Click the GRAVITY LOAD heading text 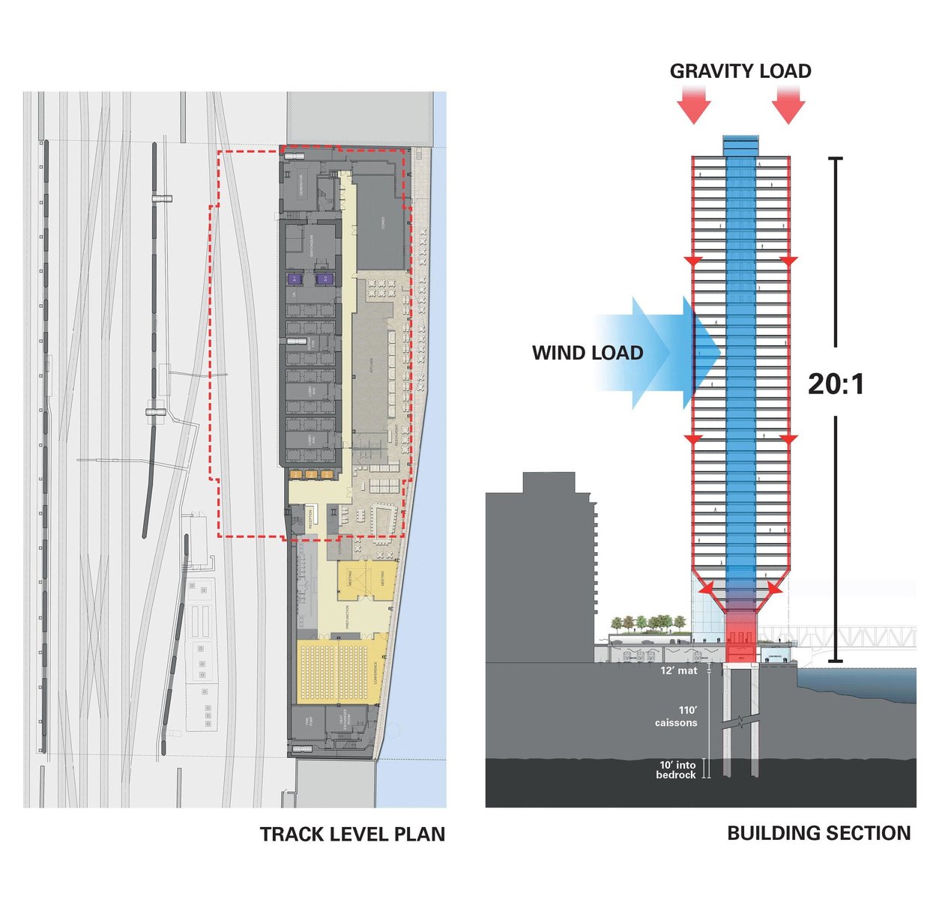click(740, 71)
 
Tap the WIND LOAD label click(588, 353)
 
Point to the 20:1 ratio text click(836, 384)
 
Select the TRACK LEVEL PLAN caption click(352, 834)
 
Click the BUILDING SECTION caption click(818, 833)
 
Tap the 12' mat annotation click(678, 671)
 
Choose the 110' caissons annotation click(676, 716)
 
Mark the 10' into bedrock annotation click(676, 770)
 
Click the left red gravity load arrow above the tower click(694, 103)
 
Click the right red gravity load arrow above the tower click(788, 103)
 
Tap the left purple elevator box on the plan click(295, 279)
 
